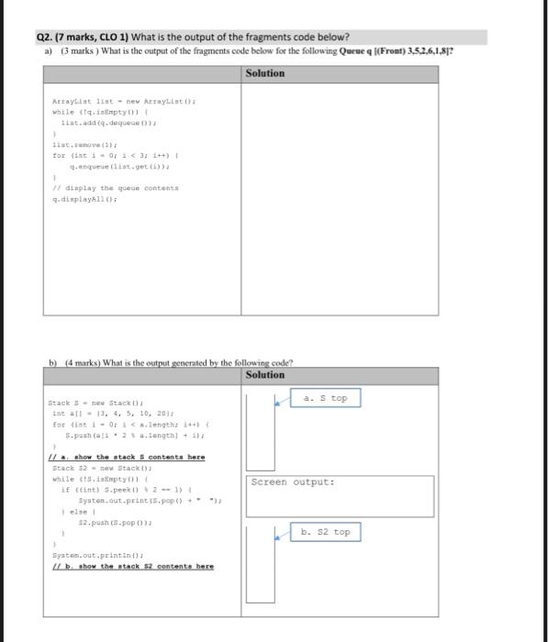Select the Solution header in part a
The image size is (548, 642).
pos(265,72)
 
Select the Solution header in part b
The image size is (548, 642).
pos(265,374)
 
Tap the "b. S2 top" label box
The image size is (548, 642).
pos(326,532)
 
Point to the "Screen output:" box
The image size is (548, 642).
pos(292,481)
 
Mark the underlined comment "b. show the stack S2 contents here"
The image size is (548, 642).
pos(133,566)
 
